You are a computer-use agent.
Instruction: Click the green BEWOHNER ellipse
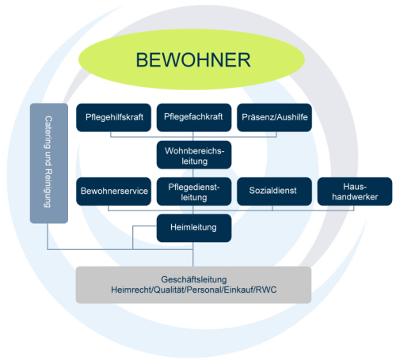pyautogui.click(x=193, y=60)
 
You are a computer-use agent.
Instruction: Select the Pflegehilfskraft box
pyautogui.click(x=113, y=117)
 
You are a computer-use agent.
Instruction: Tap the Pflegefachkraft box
pyautogui.click(x=194, y=117)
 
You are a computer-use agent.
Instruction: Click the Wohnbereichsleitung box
pyautogui.click(x=194, y=155)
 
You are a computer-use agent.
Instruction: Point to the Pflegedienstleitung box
pyautogui.click(x=194, y=191)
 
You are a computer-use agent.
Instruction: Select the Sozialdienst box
pyautogui.click(x=273, y=191)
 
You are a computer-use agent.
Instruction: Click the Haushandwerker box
pyautogui.click(x=354, y=191)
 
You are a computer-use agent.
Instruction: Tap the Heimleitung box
pyautogui.click(x=194, y=228)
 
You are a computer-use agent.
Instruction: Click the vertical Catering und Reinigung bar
pyautogui.click(x=47, y=162)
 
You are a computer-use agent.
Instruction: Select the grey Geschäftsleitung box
pyautogui.click(x=194, y=285)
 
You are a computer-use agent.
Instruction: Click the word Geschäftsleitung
pyautogui.click(x=194, y=279)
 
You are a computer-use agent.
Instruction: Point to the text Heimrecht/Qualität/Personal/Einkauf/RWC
pyautogui.click(x=194, y=291)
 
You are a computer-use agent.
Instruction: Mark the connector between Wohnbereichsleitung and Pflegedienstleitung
pyautogui.click(x=194, y=173)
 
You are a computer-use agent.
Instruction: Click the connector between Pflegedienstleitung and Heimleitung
pyautogui.click(x=194, y=210)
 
